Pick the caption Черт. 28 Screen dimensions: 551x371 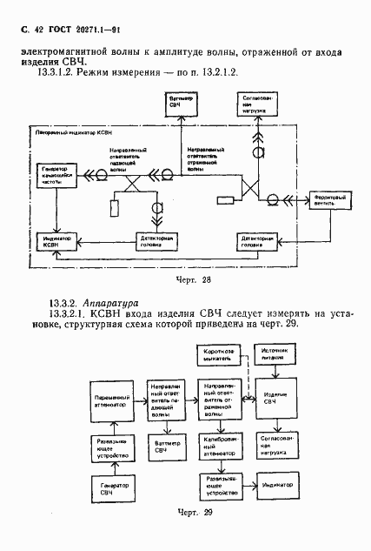click(193, 280)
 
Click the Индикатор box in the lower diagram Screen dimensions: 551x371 click(277, 484)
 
